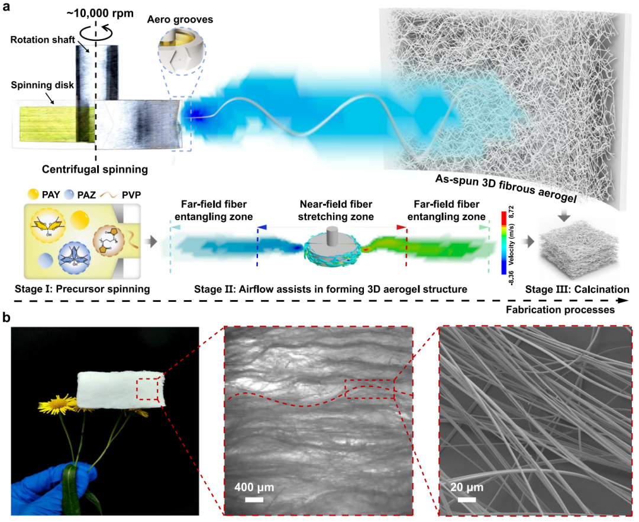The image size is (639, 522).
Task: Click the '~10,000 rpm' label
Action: tap(100, 13)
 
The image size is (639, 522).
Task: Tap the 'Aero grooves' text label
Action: tap(180, 20)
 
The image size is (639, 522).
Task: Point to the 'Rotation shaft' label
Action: tap(43, 40)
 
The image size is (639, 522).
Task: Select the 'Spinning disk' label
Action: tap(43, 85)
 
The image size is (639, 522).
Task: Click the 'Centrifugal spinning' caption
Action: tap(95, 169)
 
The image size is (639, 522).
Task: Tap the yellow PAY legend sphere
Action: tap(33, 194)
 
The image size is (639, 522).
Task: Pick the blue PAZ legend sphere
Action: tap(69, 194)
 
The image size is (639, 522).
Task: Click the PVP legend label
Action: tap(131, 195)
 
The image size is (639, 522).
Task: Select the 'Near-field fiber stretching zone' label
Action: tap(336, 210)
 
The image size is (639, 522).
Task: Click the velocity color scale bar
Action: tap(504, 243)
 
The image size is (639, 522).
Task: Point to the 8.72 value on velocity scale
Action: tap(511, 212)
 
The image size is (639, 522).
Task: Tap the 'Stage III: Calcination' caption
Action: tap(577, 289)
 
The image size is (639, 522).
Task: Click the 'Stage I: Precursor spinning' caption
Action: tap(82, 289)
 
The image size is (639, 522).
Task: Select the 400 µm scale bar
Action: tap(254, 499)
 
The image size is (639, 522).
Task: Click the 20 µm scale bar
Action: tap(467, 499)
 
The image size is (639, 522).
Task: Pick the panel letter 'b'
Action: tap(6, 318)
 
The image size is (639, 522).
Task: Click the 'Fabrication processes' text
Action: tap(560, 310)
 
